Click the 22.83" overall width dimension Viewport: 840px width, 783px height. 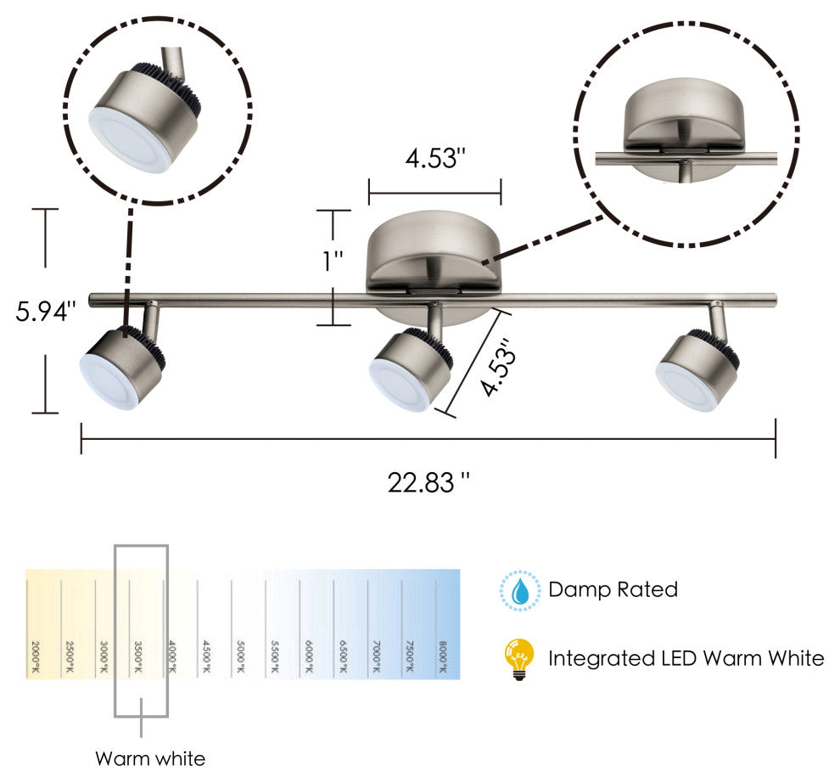coord(428,482)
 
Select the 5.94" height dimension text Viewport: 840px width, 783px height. coord(46,311)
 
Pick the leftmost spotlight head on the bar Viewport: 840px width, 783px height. coord(121,369)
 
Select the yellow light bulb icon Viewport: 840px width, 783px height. coord(518,659)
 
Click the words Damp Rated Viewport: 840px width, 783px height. coord(613,589)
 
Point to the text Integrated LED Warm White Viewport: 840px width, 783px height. coord(686,658)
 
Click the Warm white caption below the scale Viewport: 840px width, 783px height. coord(149,758)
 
